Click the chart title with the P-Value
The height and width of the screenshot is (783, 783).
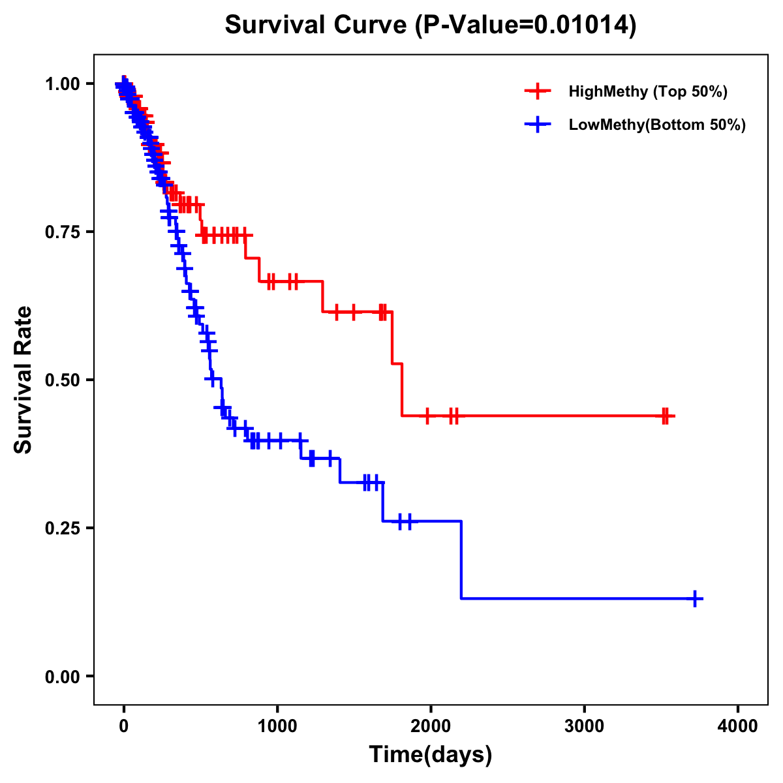[x=430, y=25]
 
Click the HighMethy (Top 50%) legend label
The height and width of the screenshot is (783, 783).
[x=647, y=91]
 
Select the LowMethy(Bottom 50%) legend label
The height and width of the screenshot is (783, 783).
[x=657, y=125]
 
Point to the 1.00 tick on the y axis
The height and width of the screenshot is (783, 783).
[x=62, y=84]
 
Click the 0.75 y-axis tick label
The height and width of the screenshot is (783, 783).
[x=62, y=232]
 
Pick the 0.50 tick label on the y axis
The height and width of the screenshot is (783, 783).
[x=62, y=380]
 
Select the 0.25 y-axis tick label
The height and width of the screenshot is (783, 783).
[x=62, y=528]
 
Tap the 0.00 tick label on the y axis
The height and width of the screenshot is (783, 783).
[x=62, y=676]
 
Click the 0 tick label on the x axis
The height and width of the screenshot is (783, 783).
[x=123, y=726]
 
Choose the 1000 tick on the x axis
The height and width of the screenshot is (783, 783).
[x=277, y=726]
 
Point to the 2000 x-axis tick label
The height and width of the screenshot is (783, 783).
[x=431, y=726]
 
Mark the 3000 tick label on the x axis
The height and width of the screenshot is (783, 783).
[x=585, y=726]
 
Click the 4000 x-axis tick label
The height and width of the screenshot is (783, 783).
[x=738, y=726]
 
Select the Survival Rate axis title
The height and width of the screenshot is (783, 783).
[x=23, y=380]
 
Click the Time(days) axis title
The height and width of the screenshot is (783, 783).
[x=430, y=755]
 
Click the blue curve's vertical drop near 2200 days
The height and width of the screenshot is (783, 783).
[x=461, y=560]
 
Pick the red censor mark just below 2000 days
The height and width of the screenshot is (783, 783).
[x=427, y=416]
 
